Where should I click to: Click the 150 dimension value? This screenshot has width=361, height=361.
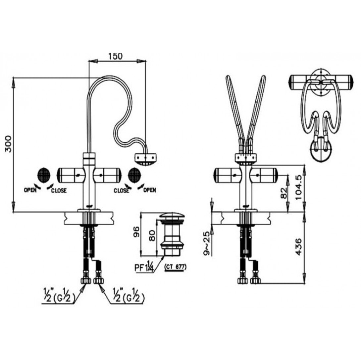point(116,56)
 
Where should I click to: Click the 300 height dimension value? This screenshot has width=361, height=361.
point(8,144)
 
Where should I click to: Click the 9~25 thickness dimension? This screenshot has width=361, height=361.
point(207,243)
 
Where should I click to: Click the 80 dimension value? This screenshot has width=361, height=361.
point(152,235)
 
